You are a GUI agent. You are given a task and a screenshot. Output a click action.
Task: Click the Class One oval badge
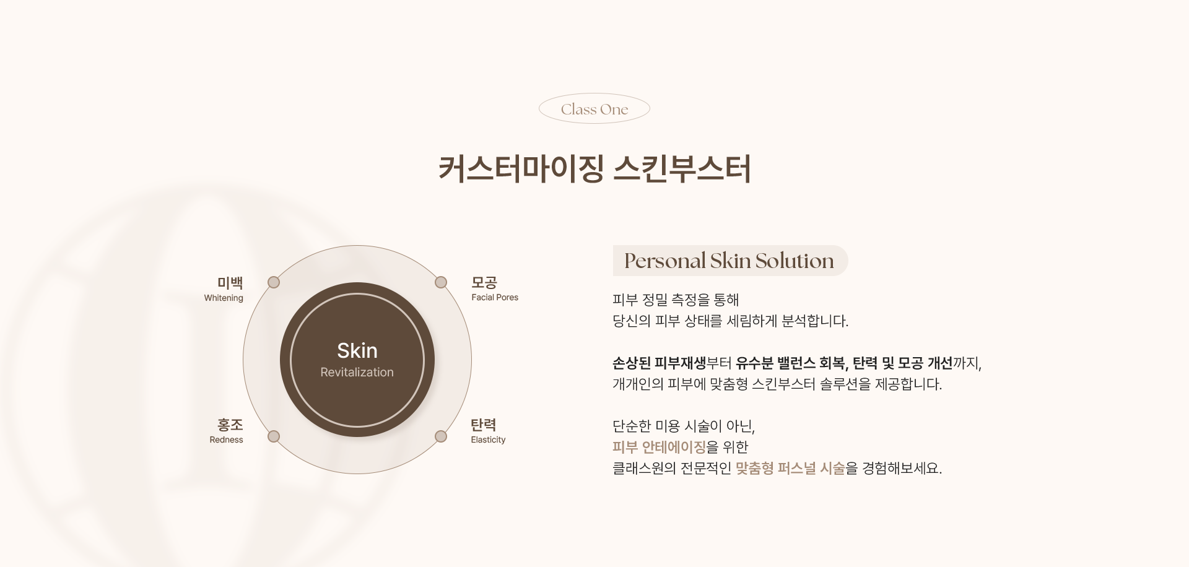594,109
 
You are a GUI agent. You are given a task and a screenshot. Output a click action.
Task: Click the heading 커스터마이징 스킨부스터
594,169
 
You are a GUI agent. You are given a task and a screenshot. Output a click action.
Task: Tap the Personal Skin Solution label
730,261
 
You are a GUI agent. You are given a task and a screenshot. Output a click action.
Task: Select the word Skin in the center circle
357,350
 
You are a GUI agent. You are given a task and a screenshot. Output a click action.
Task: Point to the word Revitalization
357,372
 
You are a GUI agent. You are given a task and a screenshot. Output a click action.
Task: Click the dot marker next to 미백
274,282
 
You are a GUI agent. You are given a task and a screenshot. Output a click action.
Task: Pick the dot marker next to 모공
441,282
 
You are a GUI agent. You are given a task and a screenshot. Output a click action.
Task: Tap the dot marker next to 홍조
274,437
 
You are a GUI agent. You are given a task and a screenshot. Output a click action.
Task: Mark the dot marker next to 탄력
441,437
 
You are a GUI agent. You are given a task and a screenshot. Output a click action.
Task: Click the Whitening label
224,298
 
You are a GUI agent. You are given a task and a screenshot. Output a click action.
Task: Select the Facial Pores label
495,298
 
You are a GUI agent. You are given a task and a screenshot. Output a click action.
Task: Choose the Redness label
226,440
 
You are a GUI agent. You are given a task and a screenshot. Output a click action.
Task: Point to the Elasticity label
488,440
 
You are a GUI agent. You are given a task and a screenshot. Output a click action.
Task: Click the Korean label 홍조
230,425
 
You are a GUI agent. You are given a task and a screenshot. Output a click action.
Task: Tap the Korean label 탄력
484,425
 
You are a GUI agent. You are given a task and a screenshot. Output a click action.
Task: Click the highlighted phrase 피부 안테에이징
659,447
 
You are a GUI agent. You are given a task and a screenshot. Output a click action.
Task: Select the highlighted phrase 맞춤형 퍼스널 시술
790,468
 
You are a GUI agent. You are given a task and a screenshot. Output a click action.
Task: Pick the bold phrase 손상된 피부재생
659,363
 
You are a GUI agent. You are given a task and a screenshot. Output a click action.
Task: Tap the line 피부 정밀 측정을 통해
676,300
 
